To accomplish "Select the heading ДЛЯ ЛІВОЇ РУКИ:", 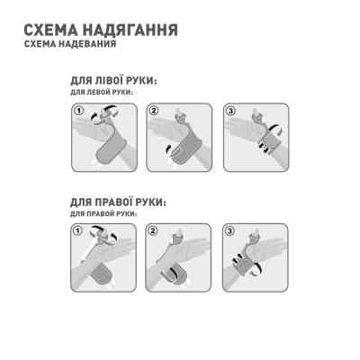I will [x=113, y=81].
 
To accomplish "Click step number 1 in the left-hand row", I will [x=77, y=112].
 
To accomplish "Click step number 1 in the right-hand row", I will [x=77, y=232].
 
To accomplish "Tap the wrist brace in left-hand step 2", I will [x=182, y=148].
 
